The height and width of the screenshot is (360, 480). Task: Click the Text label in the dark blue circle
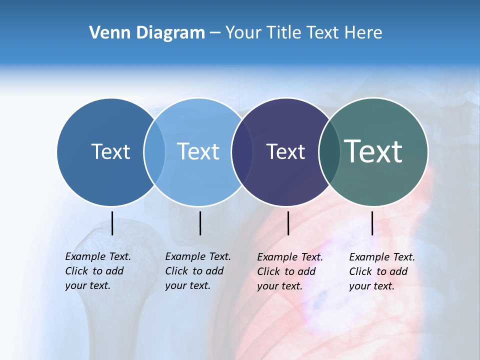(x=110, y=151)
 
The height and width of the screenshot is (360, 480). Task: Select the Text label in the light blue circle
(x=198, y=151)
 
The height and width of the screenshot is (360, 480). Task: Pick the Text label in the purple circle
(x=285, y=151)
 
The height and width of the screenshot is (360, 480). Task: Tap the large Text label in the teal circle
(x=373, y=151)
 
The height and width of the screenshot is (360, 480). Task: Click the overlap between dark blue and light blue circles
(x=154, y=152)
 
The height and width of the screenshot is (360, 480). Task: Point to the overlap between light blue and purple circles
(x=241, y=152)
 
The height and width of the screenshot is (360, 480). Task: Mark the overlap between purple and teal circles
(x=329, y=152)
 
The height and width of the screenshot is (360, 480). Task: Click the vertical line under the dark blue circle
(x=112, y=223)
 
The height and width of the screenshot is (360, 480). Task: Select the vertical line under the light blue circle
(x=200, y=223)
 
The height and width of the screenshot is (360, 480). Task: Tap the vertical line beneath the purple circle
(x=288, y=223)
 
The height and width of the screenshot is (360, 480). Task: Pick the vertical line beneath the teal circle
(x=372, y=223)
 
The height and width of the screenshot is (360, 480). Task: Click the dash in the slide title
(x=215, y=33)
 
